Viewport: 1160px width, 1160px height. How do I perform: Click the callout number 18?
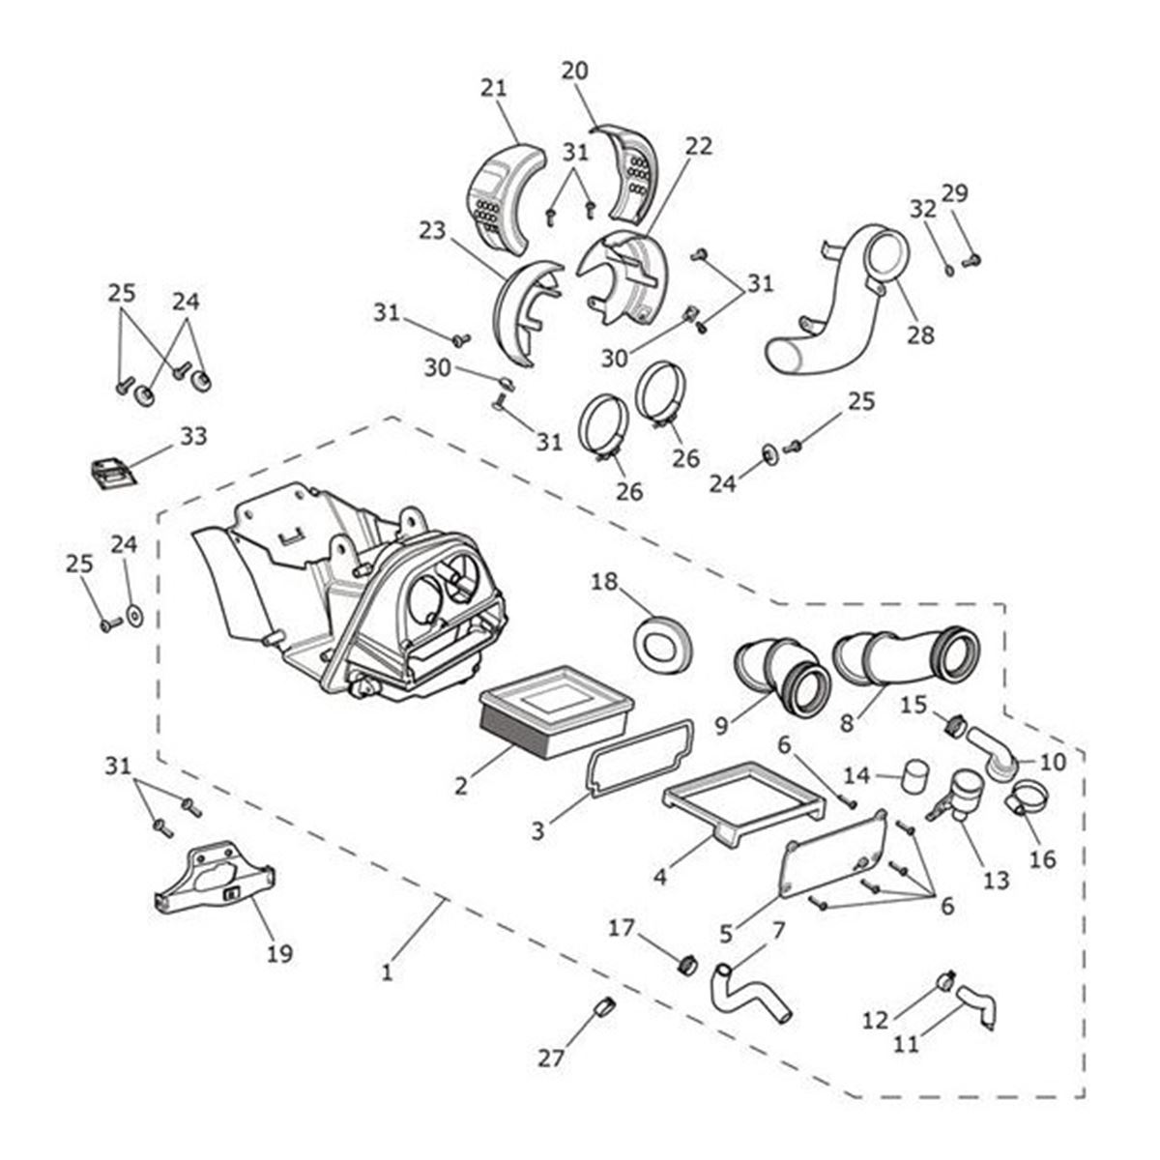coord(604,581)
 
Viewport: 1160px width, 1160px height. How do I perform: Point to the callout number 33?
coord(193,436)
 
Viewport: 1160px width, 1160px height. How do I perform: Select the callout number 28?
coord(920,334)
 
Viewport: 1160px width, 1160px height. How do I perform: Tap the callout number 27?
coord(551,1058)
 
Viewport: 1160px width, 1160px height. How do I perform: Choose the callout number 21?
coord(493,87)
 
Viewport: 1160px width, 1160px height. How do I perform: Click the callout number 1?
coord(387,971)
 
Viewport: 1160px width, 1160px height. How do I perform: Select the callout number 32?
coord(923,208)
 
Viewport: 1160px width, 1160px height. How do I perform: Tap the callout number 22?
coord(699,146)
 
